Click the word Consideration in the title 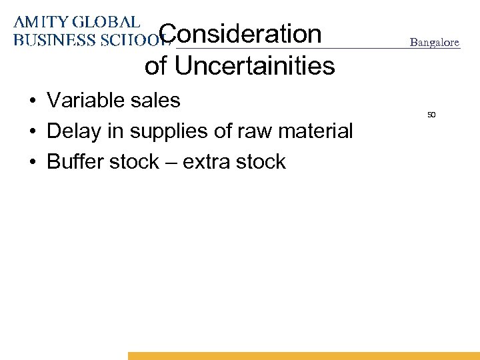coord(241,33)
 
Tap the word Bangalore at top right coord(435,42)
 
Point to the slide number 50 coord(431,115)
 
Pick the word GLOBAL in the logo coord(107,22)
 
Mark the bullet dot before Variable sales coord(32,101)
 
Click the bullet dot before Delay coord(32,132)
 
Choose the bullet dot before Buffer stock coord(32,163)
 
